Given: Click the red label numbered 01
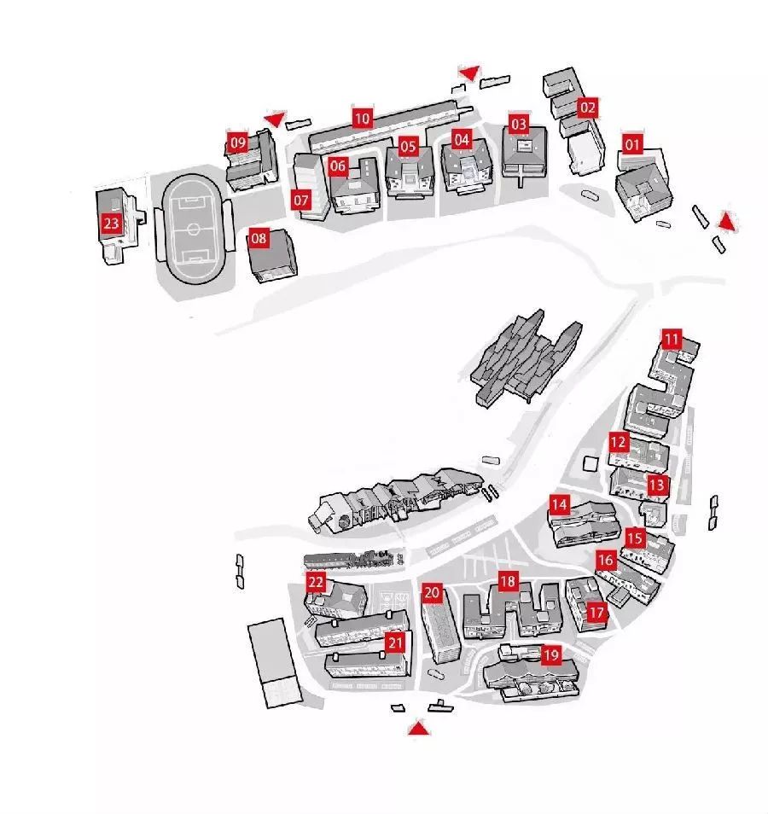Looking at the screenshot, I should [632, 144].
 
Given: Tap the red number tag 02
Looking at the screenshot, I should [587, 108].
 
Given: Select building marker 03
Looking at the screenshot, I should [519, 125].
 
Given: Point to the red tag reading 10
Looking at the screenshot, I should [363, 119].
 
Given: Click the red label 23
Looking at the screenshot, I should [111, 224].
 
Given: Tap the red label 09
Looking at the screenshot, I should [237, 142].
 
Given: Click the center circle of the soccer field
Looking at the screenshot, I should [193, 229].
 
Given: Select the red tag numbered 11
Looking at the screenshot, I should [672, 339].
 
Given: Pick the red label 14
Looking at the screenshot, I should [559, 504].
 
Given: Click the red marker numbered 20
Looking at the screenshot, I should [432, 592].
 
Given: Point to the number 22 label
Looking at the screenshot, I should [317, 582].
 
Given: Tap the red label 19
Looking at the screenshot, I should [550, 655].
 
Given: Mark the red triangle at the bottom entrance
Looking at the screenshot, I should [418, 728].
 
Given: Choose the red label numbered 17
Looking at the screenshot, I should [596, 612].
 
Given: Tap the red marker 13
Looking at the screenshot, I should [657, 485].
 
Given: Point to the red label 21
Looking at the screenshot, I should [394, 642].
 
